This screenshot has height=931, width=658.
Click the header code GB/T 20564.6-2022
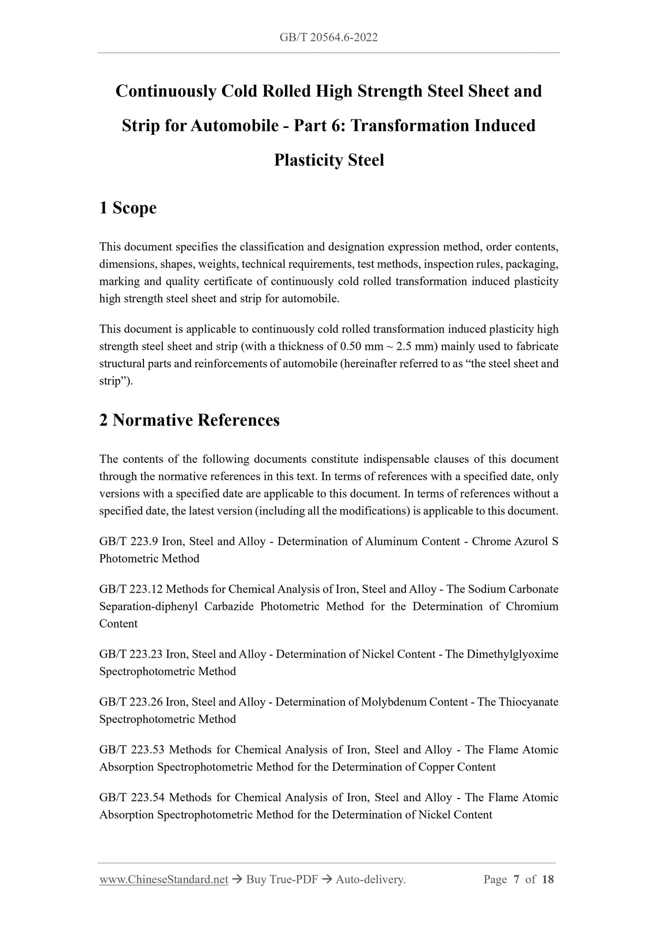[329, 37]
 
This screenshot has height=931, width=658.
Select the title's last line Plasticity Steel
[329, 160]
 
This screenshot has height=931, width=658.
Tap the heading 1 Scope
[128, 208]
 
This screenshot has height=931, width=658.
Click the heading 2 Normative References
[189, 420]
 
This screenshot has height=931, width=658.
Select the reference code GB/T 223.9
[128, 542]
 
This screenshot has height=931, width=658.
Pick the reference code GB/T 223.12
[131, 589]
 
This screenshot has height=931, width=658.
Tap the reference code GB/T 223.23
[131, 655]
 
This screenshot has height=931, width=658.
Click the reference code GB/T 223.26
[131, 702]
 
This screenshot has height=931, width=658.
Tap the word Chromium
[532, 607]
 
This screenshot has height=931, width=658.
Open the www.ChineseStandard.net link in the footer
[163, 880]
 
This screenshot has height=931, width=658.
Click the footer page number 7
[516, 880]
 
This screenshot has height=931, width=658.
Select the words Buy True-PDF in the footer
[282, 880]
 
